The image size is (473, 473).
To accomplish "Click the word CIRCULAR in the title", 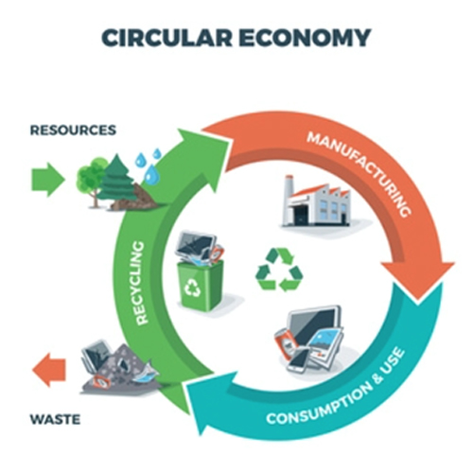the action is pos(166,38).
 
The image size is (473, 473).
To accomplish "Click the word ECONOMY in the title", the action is pos(305,38).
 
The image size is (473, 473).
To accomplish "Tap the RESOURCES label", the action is pos(73,130).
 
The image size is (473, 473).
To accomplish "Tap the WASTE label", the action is pos(55,419).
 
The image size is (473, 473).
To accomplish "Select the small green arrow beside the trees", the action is pos(48,180).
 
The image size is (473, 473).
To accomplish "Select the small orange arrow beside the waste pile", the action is pos(49,370).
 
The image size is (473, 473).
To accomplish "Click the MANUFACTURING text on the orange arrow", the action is pos(359,173).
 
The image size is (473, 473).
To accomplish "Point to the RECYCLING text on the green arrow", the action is pos(140,283).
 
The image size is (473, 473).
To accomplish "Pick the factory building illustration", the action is pos(316,201).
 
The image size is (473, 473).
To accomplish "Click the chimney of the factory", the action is pos(288,189).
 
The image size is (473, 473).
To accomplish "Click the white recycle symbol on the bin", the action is pos(192,288).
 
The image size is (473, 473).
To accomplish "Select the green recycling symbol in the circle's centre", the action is pos(279,270).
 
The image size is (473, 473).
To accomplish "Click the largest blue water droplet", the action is pos(151,174).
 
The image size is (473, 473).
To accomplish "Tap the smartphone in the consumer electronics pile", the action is pos(298,360).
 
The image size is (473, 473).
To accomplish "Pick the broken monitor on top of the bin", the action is pos(196,246).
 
